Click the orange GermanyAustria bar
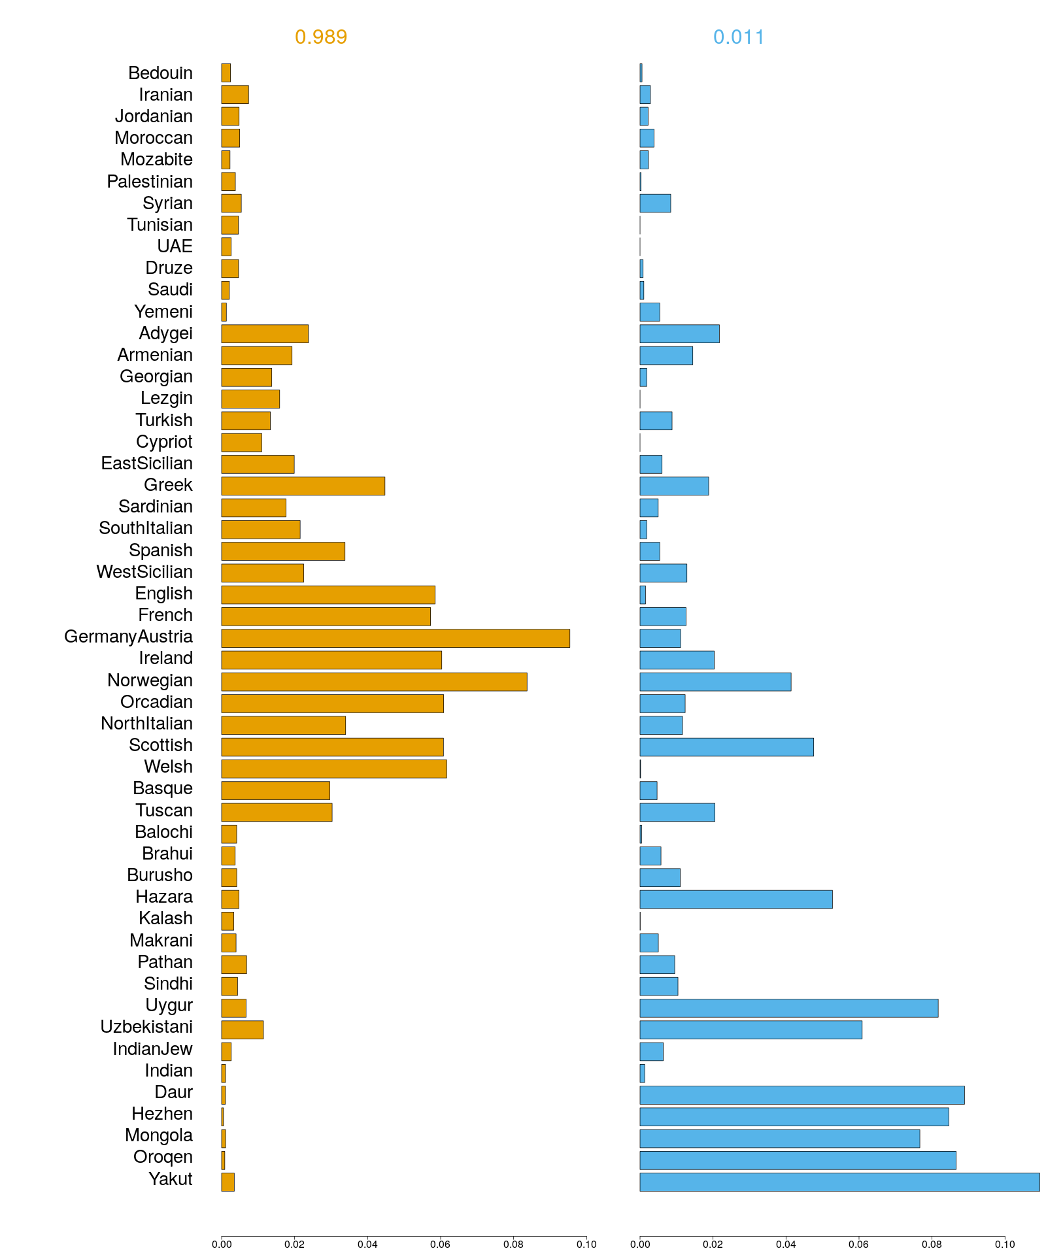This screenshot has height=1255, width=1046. tap(396, 638)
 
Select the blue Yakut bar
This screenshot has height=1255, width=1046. tap(839, 1182)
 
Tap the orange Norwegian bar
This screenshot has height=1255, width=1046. tap(374, 682)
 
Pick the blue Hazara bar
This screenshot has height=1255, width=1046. tap(736, 899)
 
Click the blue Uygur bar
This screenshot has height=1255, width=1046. tap(788, 1008)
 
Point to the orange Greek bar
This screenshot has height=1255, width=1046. tap(303, 486)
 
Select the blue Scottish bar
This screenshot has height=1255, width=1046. tap(726, 747)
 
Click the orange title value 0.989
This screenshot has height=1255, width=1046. tap(321, 37)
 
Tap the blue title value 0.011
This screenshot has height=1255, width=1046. tap(739, 37)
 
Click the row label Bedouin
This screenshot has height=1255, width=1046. tap(160, 73)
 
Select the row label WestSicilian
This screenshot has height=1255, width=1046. tap(144, 572)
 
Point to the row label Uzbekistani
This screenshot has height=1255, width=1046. tap(146, 1027)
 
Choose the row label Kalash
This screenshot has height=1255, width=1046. tap(165, 918)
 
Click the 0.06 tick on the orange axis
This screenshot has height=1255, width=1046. tap(441, 1244)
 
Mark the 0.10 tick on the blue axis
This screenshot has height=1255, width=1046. tap(1005, 1244)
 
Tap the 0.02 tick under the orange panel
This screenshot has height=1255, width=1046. tap(295, 1244)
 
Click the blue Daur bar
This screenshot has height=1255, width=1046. tap(801, 1095)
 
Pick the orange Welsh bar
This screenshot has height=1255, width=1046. tap(334, 769)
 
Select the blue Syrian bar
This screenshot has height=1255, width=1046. tap(655, 203)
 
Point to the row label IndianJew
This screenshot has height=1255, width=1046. tap(152, 1049)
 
